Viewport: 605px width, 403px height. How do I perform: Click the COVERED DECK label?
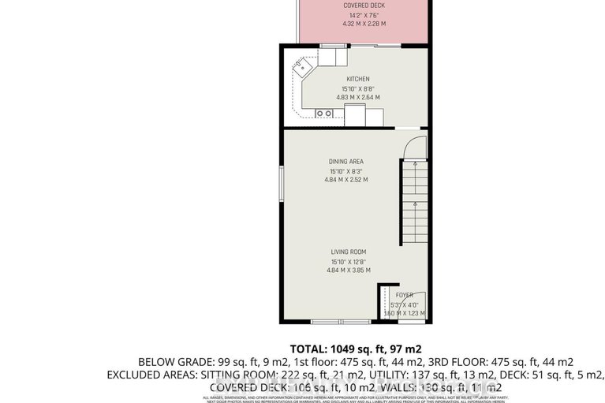[364, 6]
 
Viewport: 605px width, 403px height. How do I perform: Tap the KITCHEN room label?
[357, 79]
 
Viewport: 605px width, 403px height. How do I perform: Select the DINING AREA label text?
[345, 162]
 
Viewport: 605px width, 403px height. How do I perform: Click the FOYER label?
[404, 297]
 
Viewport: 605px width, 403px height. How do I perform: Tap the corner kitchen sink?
[302, 69]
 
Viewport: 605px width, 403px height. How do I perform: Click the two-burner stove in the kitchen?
[324, 114]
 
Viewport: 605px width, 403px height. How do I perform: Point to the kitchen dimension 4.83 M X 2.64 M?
[357, 98]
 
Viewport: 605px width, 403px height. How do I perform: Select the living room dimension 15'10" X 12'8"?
[347, 261]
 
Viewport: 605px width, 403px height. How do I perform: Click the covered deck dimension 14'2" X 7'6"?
[363, 15]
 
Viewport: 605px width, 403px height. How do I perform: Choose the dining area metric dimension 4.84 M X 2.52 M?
[345, 180]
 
